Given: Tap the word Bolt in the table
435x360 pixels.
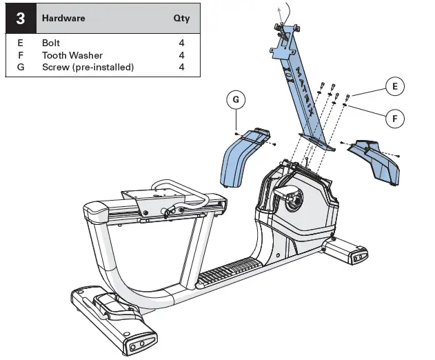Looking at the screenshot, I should pos(51,43).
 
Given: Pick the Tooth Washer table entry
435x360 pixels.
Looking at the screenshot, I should pos(72,55).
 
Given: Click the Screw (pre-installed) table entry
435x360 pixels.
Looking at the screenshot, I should pos(88,67).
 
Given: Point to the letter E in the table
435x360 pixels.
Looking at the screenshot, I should pos(20,43).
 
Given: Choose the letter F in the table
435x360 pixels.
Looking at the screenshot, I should pos(20,55).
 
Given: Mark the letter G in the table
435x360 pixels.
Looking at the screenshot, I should pos(20,67).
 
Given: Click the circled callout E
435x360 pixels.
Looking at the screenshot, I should pos(394,87).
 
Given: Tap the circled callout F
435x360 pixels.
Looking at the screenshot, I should pos(395,119).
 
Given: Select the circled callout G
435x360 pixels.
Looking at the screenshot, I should pos(236,100).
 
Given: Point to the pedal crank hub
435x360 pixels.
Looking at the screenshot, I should pos(292,203).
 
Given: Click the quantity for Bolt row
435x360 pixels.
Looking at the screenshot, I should pos(181,43).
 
